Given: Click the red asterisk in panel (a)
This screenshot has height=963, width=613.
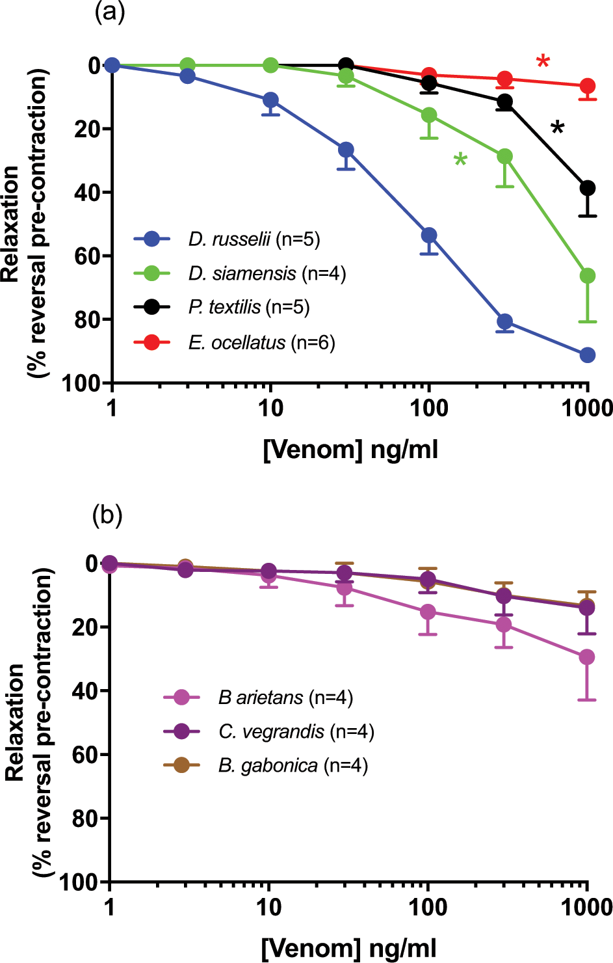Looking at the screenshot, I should [543, 62].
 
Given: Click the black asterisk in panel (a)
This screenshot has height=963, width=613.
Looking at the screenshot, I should [557, 128].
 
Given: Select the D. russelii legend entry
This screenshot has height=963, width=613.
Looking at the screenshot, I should [254, 239].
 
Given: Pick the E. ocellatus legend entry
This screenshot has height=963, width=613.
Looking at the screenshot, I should [261, 342].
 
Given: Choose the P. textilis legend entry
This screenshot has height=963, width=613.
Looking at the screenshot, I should [248, 307].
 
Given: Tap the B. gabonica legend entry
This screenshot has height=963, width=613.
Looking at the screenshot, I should [293, 765].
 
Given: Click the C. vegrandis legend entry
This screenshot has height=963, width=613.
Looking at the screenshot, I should [296, 731].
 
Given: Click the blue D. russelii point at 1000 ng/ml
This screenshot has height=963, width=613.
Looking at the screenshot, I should [588, 355].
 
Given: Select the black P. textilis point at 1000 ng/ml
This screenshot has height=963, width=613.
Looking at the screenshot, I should [588, 188].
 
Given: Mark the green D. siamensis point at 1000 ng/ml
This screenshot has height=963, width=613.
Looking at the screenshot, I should [588, 276].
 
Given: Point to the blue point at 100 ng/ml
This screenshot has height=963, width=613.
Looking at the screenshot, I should [428, 235].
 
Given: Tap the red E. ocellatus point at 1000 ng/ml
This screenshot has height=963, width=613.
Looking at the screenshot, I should [588, 86].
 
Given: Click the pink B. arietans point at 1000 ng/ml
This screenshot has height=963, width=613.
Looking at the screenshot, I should [587, 657].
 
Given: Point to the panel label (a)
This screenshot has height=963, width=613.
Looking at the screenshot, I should [109, 13].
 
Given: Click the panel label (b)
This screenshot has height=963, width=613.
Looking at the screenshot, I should [107, 515].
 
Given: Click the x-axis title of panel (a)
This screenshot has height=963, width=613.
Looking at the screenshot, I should [350, 450].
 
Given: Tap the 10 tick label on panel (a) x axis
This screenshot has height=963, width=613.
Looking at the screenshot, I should [270, 409].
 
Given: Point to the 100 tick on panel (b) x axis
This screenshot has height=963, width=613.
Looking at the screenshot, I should [427, 907].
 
